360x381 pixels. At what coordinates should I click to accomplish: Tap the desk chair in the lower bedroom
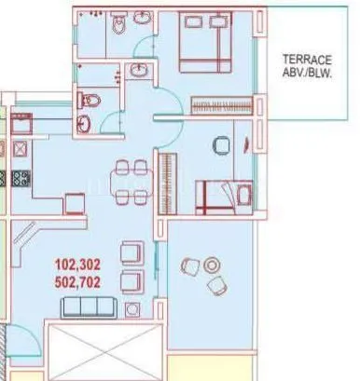[220, 145]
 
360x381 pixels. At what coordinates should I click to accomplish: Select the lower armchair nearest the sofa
[132, 279]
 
